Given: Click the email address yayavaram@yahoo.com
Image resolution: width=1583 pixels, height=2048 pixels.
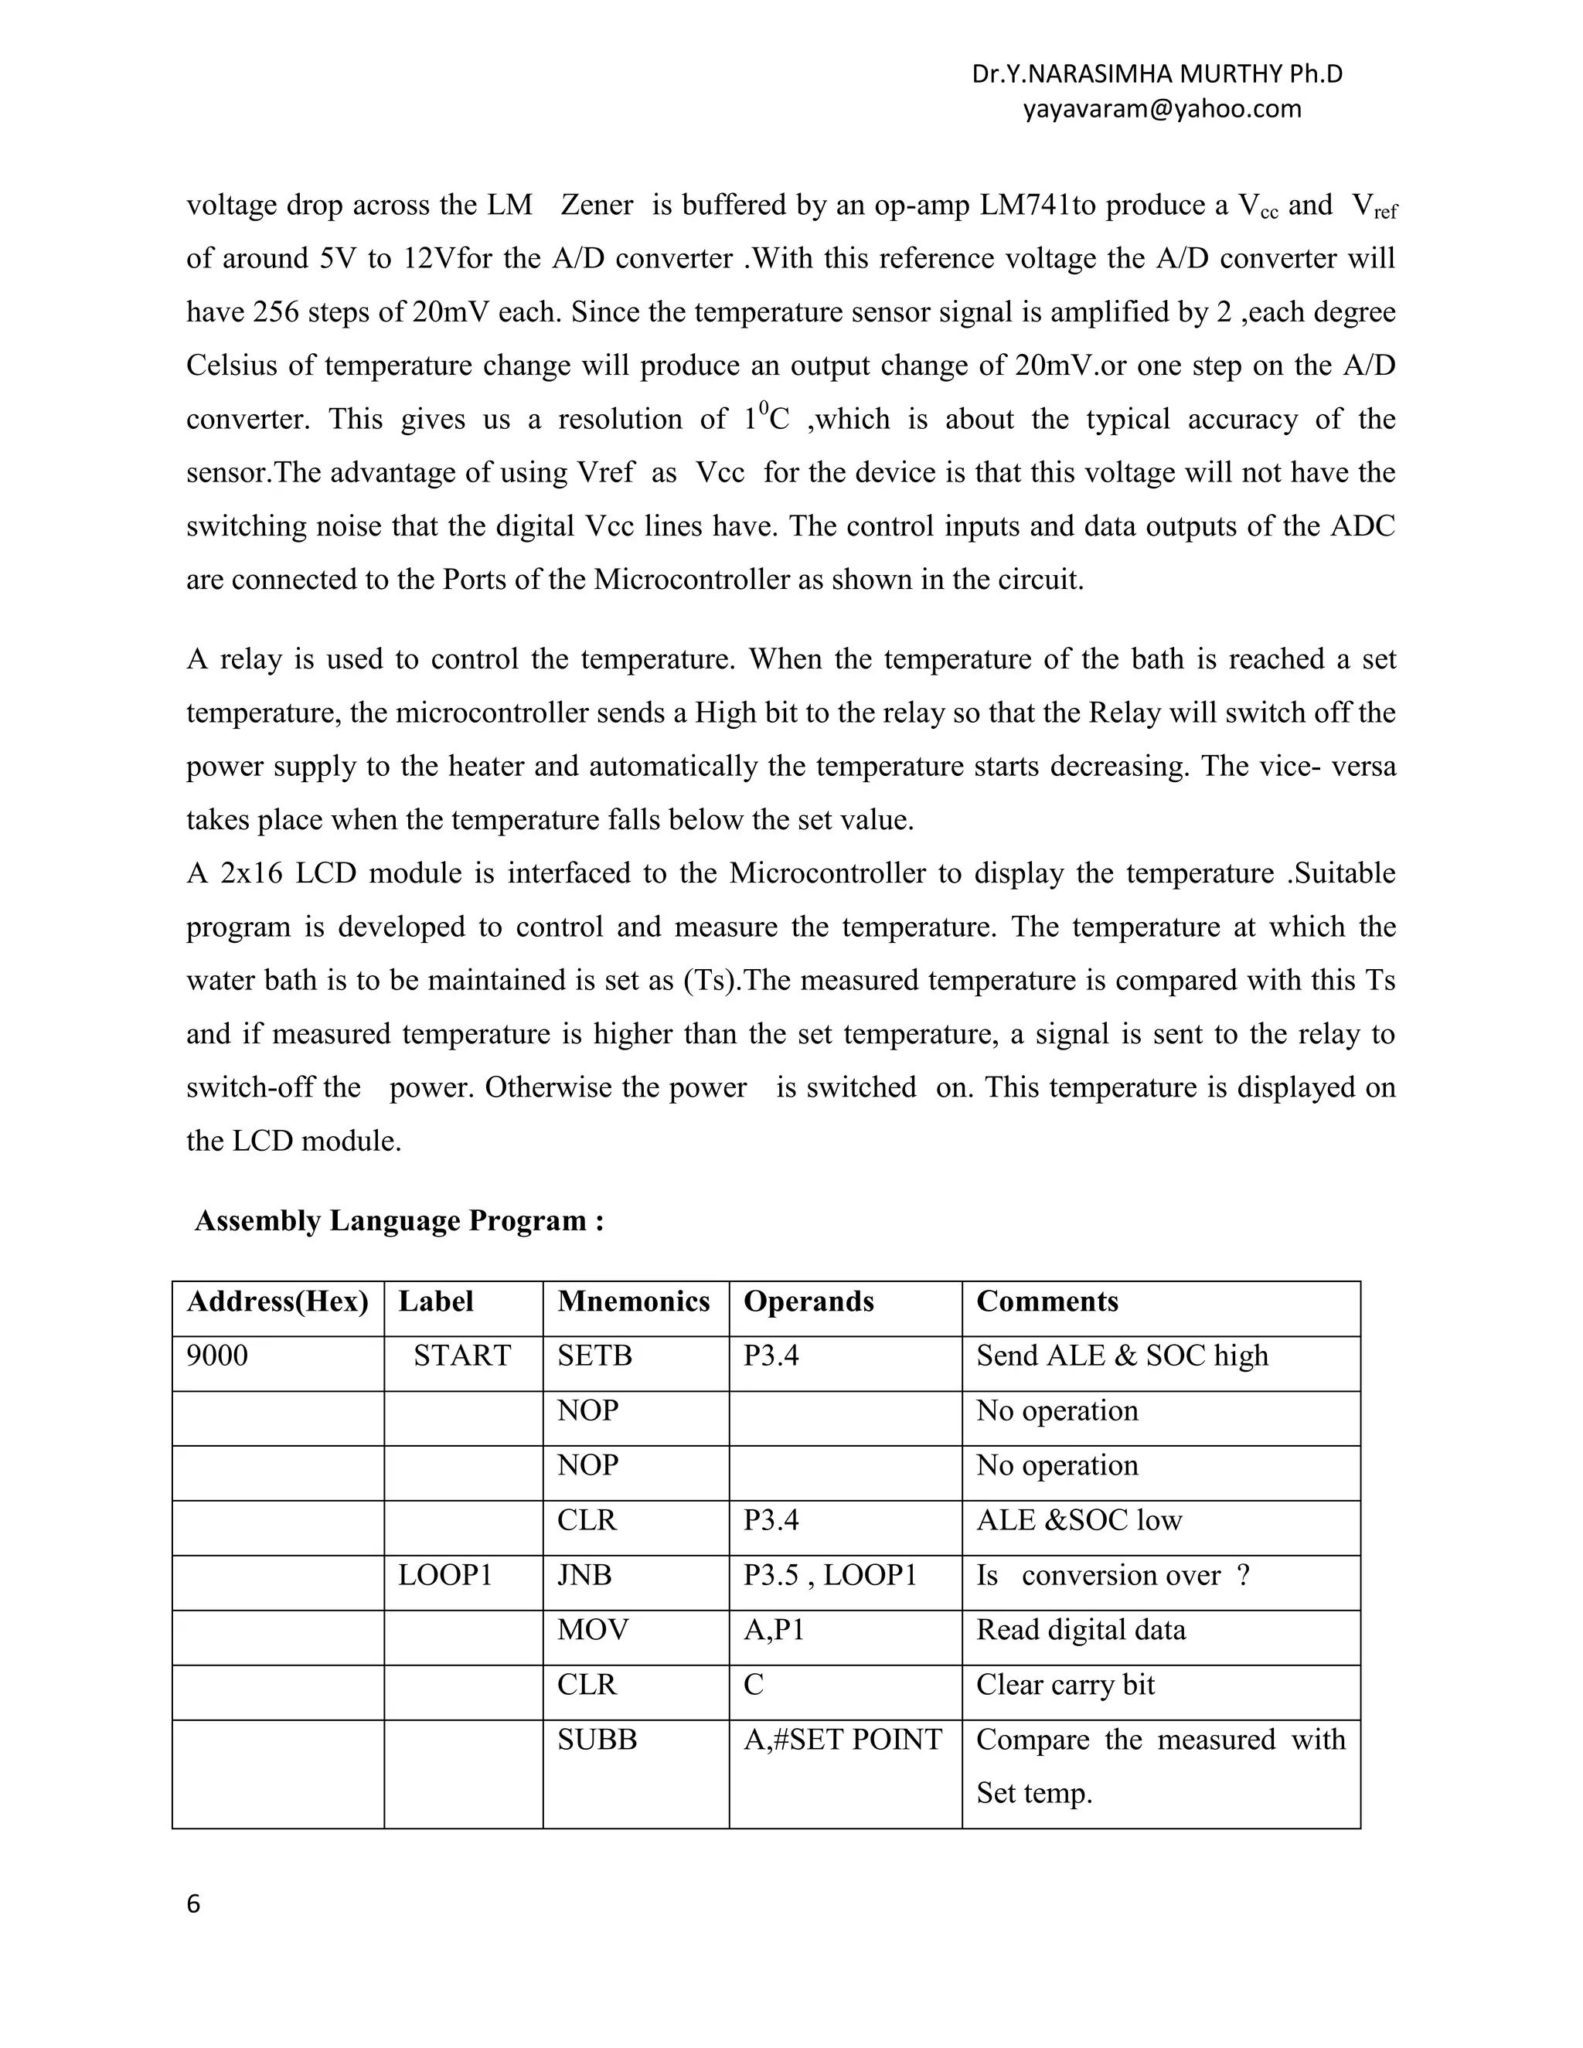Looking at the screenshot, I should [x=1162, y=109].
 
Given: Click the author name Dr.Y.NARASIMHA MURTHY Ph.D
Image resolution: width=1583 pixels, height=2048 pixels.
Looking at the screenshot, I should [x=1157, y=74].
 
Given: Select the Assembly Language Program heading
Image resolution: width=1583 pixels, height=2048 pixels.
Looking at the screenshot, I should [x=399, y=1220].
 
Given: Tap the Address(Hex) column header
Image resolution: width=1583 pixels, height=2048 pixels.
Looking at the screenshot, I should [x=277, y=1301].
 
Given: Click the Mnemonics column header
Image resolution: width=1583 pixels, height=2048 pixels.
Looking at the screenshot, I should [x=633, y=1301].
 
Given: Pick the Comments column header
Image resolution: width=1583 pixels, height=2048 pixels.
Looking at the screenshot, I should [x=1047, y=1301].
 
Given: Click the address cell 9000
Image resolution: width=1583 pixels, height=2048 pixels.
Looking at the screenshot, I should [x=217, y=1356].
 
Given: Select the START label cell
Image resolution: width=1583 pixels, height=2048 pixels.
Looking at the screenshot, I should [x=461, y=1356].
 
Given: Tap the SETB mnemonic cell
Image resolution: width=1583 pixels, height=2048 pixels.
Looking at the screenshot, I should [x=594, y=1356].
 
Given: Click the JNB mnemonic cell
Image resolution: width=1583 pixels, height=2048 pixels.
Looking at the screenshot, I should [x=584, y=1575].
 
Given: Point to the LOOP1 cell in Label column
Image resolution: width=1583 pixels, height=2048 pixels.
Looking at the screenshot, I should [x=445, y=1575].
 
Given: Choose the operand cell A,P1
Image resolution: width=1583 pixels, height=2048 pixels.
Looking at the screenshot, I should [x=774, y=1630].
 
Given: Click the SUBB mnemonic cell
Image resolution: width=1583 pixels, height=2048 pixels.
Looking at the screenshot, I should [x=597, y=1740].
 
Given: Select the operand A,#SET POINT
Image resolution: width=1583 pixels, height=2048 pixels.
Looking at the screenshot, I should [x=843, y=1740].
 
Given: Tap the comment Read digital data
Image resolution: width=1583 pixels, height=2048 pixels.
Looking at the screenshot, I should [x=1081, y=1630].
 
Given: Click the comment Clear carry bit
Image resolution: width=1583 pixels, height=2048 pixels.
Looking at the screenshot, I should [x=1064, y=1685].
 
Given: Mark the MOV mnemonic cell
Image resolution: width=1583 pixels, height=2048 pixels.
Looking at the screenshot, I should [x=593, y=1630].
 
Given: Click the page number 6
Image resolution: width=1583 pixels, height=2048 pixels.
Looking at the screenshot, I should [x=193, y=1904].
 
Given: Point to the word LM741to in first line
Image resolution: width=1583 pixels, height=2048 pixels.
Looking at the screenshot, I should [x=1037, y=206].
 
